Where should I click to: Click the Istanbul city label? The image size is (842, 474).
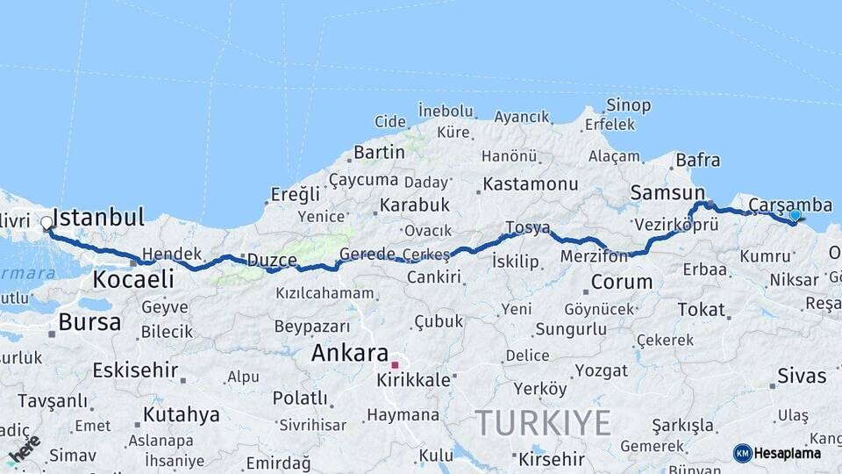[x=99, y=218]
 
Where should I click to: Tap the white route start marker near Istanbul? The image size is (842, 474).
[x=46, y=223]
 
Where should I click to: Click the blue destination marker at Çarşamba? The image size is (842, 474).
[x=795, y=215]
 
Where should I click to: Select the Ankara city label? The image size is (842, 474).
[x=350, y=354]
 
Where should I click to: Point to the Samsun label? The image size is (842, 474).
[x=667, y=192]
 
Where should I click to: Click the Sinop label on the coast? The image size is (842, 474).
[x=629, y=105]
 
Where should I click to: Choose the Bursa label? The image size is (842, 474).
[x=89, y=322]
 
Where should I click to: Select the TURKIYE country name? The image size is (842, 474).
[x=543, y=423]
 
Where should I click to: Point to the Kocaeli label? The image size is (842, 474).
[x=132, y=280]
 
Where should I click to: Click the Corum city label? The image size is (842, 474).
[x=622, y=283]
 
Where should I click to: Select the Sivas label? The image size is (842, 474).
[x=802, y=377]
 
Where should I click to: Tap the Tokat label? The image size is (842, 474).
[x=701, y=310]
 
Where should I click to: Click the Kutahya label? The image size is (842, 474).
[x=182, y=415]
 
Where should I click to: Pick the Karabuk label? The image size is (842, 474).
[x=414, y=205]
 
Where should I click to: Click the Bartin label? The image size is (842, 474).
[x=379, y=153]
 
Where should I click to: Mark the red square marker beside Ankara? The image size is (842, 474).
[x=396, y=364]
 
